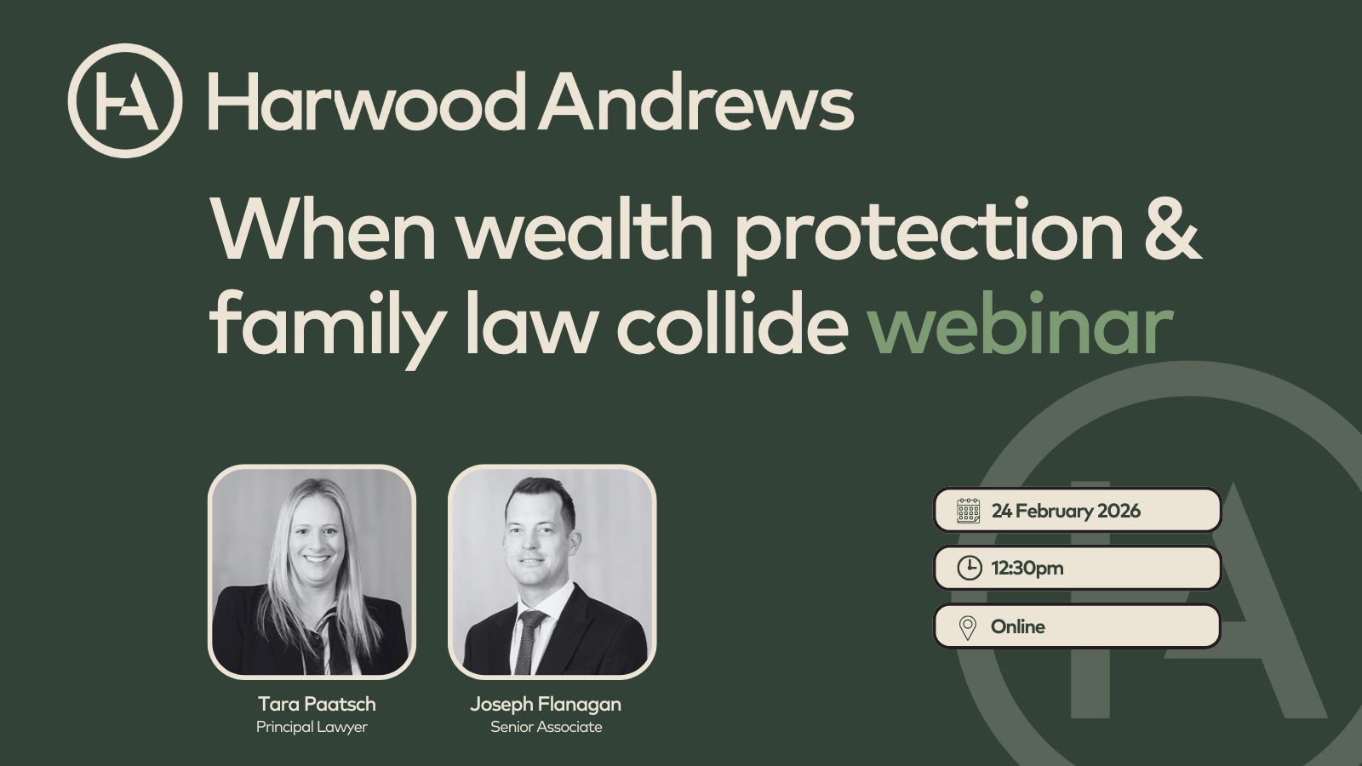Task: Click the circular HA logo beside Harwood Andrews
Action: click(x=125, y=100)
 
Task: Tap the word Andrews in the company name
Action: click(x=696, y=102)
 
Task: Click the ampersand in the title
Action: click(x=1172, y=230)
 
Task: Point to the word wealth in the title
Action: click(x=585, y=230)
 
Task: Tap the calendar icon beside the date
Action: click(x=969, y=511)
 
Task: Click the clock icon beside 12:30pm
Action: click(x=969, y=568)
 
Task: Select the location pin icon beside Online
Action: click(x=968, y=627)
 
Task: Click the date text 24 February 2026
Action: click(x=1066, y=511)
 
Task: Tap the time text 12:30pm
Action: click(x=1027, y=568)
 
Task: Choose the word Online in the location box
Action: click(x=1018, y=626)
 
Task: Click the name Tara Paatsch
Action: click(x=317, y=704)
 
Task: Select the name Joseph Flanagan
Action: click(x=546, y=704)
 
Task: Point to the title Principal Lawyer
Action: click(x=312, y=727)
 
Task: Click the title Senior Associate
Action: click(x=546, y=727)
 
